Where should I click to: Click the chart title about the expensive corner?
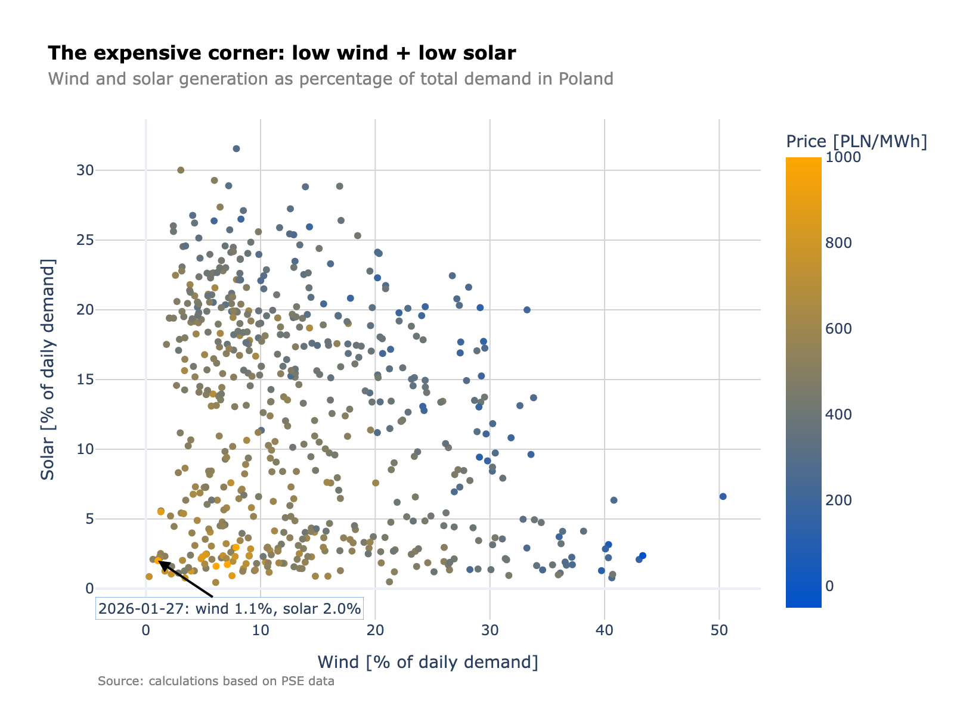(281, 54)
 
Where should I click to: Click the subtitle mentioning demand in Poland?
(330, 79)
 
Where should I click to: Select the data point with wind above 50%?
(723, 496)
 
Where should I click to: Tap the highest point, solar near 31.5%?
(236, 148)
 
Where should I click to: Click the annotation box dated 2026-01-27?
(230, 608)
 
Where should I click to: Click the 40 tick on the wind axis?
(605, 630)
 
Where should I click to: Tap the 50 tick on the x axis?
(719, 630)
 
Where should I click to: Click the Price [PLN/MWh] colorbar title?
(856, 141)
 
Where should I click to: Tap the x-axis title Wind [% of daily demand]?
(428, 662)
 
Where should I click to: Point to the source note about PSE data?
(216, 681)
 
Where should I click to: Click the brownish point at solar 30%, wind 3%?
(181, 170)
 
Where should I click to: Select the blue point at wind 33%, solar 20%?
(526, 310)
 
